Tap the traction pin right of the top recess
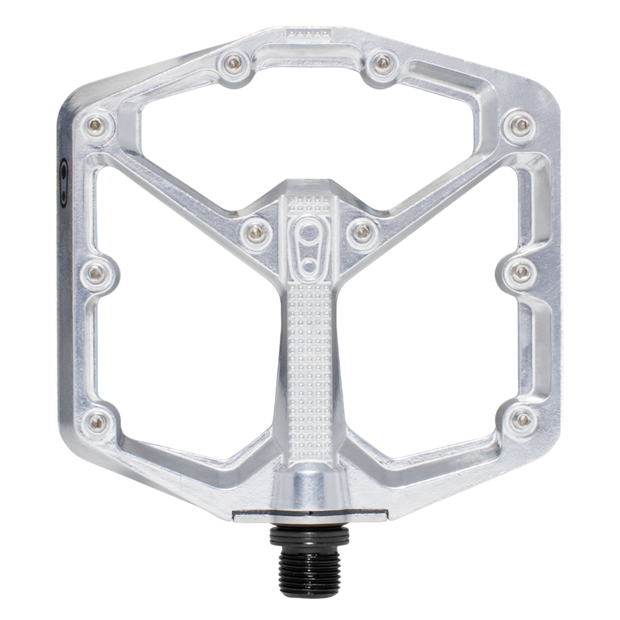click(x=379, y=62)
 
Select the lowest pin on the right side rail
click(x=520, y=420)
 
